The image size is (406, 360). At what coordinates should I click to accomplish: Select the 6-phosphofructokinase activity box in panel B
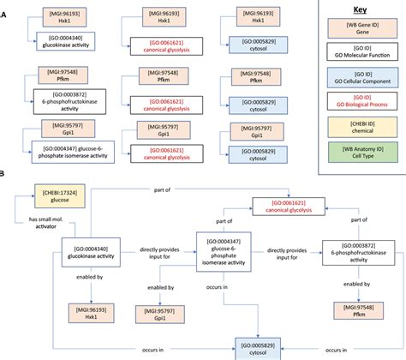tap(355, 254)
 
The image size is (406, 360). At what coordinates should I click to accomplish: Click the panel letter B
tap(3, 196)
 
